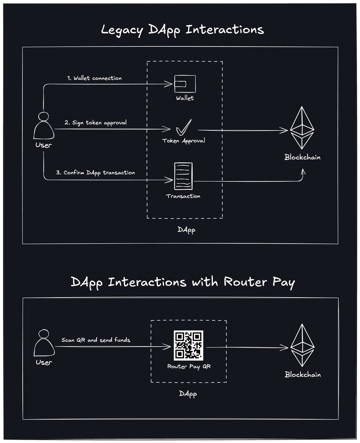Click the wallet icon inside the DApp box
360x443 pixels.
click(185, 84)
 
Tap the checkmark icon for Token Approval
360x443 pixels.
click(184, 128)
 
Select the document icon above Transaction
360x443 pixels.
click(183, 177)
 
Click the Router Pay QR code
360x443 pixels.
click(188, 346)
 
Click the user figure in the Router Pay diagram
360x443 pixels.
click(44, 344)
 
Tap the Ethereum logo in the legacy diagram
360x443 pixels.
click(302, 127)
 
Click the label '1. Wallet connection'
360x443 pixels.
click(94, 78)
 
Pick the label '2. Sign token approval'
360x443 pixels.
click(96, 123)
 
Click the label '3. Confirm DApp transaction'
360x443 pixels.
click(96, 172)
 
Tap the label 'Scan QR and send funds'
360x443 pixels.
click(96, 340)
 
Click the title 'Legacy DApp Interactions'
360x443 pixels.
click(183, 30)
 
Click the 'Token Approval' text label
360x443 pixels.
click(184, 141)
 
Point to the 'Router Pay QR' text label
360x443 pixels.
click(188, 367)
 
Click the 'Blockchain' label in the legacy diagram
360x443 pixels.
click(302, 157)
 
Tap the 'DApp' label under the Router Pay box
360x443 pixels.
click(188, 394)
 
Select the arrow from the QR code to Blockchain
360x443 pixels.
click(247, 347)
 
